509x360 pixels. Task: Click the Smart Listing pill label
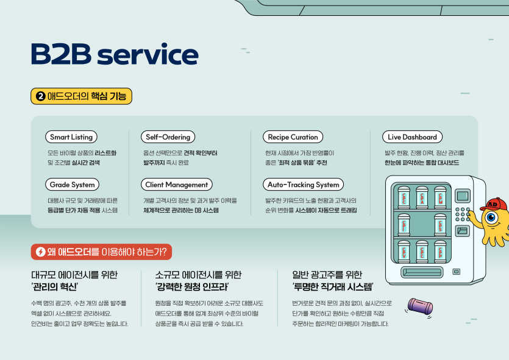pos(71,137)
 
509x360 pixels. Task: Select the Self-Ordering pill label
pos(168,137)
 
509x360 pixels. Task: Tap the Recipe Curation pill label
pos(292,137)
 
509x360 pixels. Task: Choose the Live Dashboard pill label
pos(411,137)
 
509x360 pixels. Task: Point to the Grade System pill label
pos(72,185)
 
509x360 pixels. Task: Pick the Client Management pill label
pos(176,185)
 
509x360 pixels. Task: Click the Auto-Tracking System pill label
pos(303,185)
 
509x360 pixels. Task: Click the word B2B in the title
pos(60,55)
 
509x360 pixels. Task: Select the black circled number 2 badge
pos(40,96)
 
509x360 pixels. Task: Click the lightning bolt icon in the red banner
pos(41,251)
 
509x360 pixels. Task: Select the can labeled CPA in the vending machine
pos(422,197)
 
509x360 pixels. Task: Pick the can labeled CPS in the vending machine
pos(440,225)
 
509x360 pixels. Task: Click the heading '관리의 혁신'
pos(55,286)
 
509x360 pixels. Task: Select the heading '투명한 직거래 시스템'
pos(333,286)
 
